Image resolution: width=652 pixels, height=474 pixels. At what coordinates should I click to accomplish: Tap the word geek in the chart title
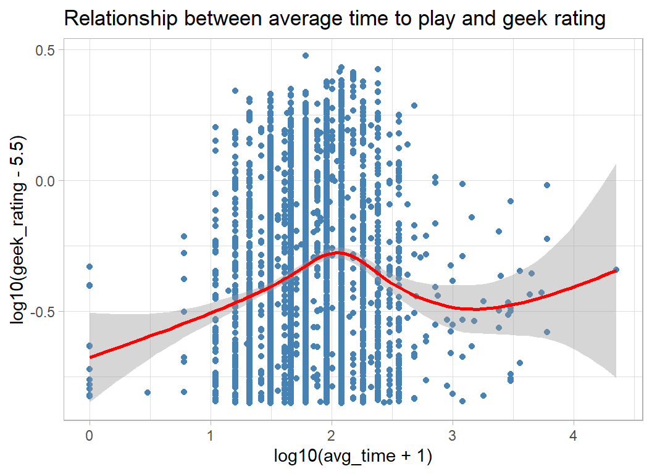(x=515, y=19)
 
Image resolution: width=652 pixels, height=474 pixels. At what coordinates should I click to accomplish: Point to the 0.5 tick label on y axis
(x=44, y=50)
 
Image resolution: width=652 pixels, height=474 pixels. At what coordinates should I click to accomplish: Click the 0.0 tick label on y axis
(x=44, y=181)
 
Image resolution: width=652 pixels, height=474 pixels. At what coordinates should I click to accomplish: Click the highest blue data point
(x=306, y=56)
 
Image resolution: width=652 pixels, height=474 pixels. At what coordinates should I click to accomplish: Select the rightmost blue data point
(x=616, y=269)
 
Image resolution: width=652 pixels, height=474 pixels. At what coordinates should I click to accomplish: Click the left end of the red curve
(x=90, y=357)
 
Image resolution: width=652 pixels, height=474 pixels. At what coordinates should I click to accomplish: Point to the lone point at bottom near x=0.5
(x=148, y=393)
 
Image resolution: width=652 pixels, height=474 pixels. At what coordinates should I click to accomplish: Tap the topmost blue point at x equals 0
(x=90, y=267)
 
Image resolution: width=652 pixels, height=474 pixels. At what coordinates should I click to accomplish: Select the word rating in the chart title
(x=574, y=19)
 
